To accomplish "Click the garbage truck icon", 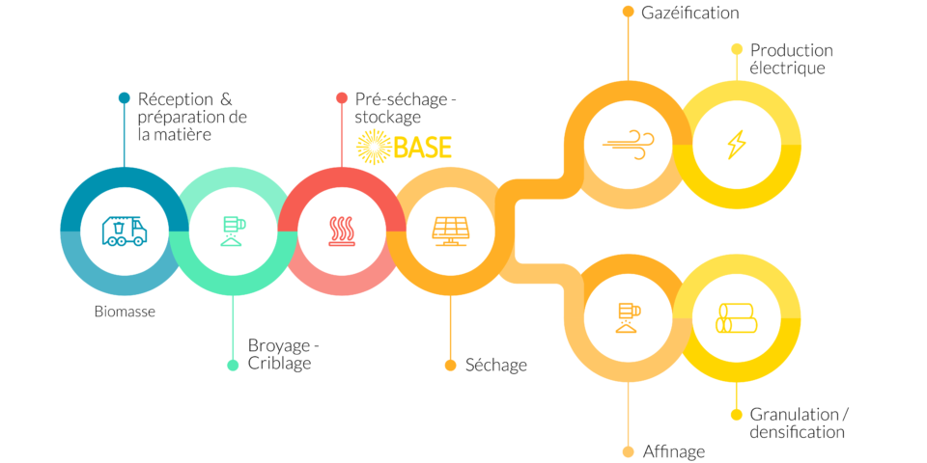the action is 125,231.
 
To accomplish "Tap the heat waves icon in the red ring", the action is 342,231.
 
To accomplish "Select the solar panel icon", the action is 450,231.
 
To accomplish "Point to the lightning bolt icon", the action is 737,145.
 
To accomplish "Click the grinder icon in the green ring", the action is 233,231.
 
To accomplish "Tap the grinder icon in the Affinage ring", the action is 629,317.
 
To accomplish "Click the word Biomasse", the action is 125,312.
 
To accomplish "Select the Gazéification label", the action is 689,13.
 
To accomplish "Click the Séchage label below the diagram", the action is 496,365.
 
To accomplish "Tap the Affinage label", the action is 673,452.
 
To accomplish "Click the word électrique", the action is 787,68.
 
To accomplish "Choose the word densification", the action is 797,432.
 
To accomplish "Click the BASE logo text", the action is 422,147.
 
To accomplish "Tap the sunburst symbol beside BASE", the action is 375,147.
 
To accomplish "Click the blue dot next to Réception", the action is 125,98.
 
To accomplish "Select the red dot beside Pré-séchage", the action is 342,98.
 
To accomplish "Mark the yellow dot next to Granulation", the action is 737,415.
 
